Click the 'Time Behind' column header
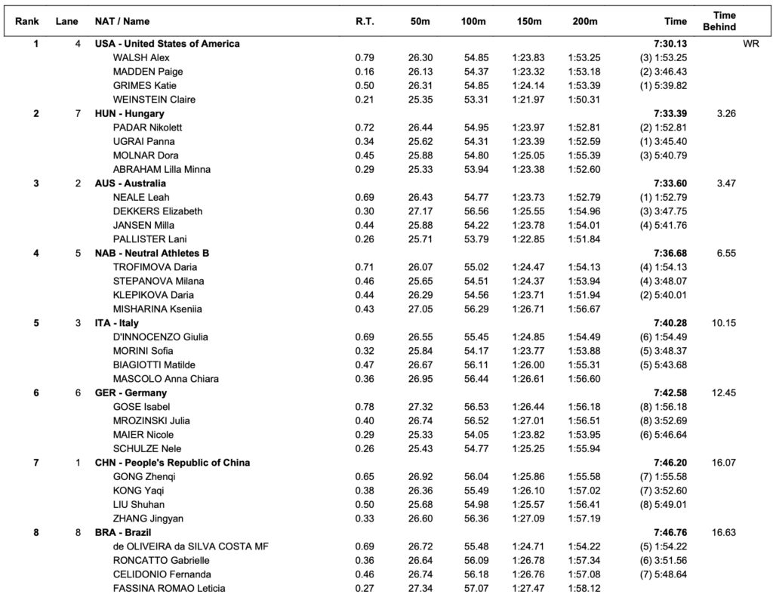pos(724,21)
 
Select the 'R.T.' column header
pos(365,22)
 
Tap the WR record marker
pos(750,44)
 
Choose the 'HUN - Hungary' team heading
pos(129,113)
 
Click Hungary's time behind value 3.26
pos(725,113)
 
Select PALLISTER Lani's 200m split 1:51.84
pos(584,239)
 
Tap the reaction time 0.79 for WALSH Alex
pos(364,57)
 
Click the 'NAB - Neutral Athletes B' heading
pos(152,253)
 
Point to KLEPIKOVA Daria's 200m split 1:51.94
pos(584,295)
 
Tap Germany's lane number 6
pos(78,393)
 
